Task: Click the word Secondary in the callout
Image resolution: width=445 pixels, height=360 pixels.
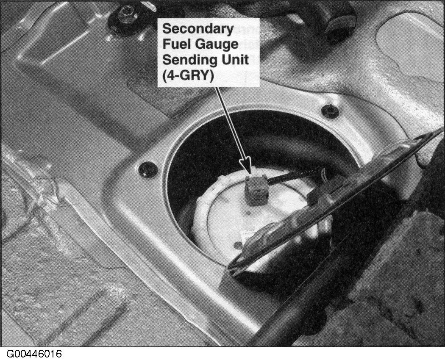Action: pos(198,29)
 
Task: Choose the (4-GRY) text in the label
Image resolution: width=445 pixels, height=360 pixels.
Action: pos(188,76)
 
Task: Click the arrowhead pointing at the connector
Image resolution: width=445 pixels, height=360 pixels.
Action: pos(246,166)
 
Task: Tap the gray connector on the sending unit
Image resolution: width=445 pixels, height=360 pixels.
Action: pos(256,189)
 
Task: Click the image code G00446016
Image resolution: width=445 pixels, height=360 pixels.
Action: pos(33,354)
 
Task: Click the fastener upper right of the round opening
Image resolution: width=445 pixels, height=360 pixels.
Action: pos(330,111)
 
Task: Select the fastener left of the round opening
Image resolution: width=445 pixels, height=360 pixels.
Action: pos(148,169)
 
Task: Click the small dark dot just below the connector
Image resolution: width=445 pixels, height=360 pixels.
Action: pos(249,213)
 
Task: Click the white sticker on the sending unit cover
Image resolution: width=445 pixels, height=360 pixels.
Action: pos(248,234)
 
